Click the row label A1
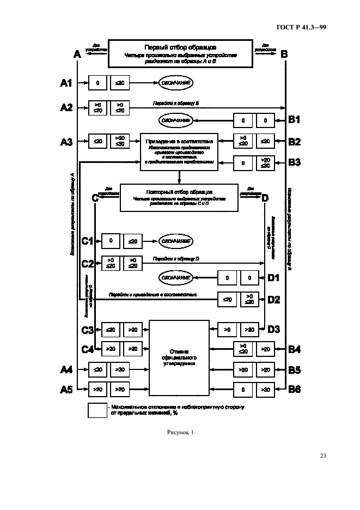(66, 83)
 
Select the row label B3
(295, 162)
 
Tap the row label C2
(88, 264)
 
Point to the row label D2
(273, 299)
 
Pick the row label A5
(66, 389)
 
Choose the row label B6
(295, 389)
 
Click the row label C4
(88, 349)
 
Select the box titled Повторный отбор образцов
(179, 196)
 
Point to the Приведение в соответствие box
(179, 149)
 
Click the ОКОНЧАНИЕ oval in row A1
(176, 83)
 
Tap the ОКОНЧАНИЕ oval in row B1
(176, 120)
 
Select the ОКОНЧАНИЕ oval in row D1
(175, 278)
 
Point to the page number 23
(322, 456)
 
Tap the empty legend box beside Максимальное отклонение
(97, 410)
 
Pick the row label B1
(295, 119)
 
